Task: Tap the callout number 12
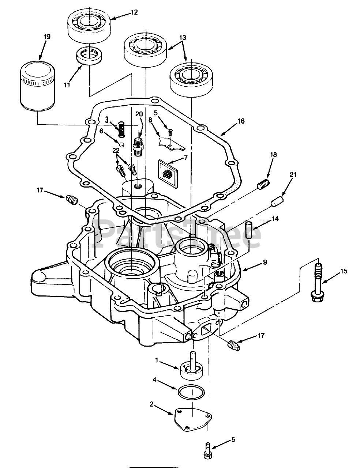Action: coord(134,12)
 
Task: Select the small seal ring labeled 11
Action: coord(89,56)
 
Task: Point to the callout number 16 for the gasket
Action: coord(241,121)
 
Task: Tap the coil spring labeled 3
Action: coord(122,129)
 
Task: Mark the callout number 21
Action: coord(293,175)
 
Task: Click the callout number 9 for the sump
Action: coord(265,262)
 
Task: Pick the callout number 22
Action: coord(116,151)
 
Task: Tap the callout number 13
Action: coord(183,37)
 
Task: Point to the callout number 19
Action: coord(47,37)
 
